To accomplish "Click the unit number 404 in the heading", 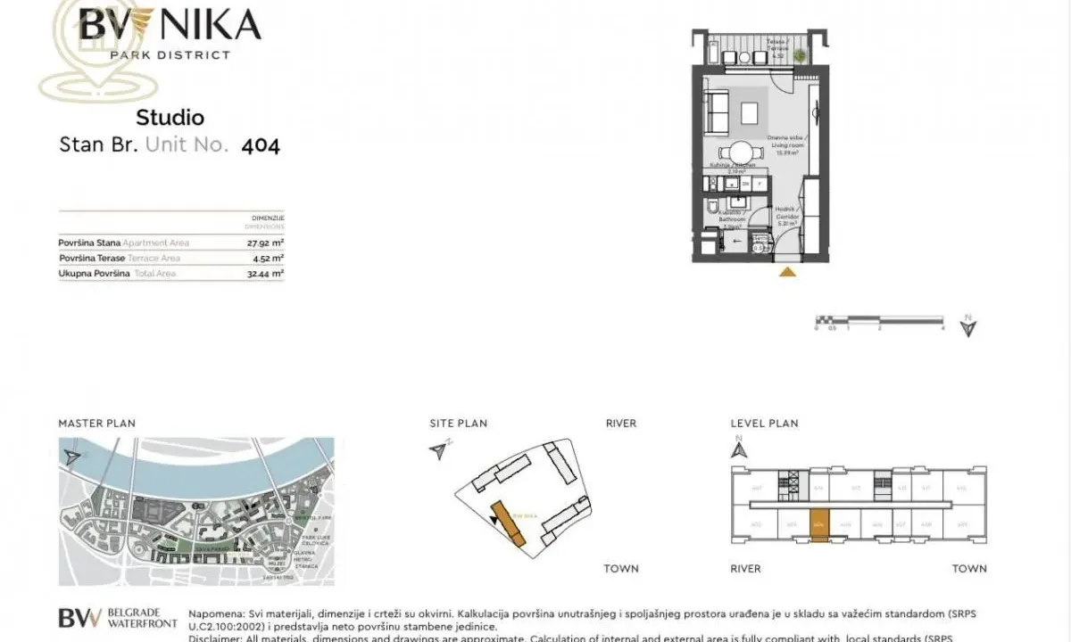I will click(x=261, y=145).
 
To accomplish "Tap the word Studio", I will click(x=170, y=118).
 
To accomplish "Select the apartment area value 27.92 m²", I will click(x=265, y=243).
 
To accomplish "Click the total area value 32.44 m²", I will click(x=265, y=274).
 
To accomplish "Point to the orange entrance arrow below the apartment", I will click(x=787, y=272).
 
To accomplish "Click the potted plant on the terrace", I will click(x=801, y=56).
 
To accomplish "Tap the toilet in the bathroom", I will click(x=710, y=209).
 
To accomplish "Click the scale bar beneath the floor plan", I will click(x=879, y=319).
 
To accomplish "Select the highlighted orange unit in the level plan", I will click(x=819, y=522).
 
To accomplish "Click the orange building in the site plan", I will click(x=509, y=525).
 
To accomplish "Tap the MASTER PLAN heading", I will click(x=96, y=424).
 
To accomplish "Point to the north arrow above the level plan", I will click(x=738, y=450).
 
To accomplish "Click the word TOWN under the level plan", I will click(x=969, y=569).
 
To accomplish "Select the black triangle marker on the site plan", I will click(x=494, y=519).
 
